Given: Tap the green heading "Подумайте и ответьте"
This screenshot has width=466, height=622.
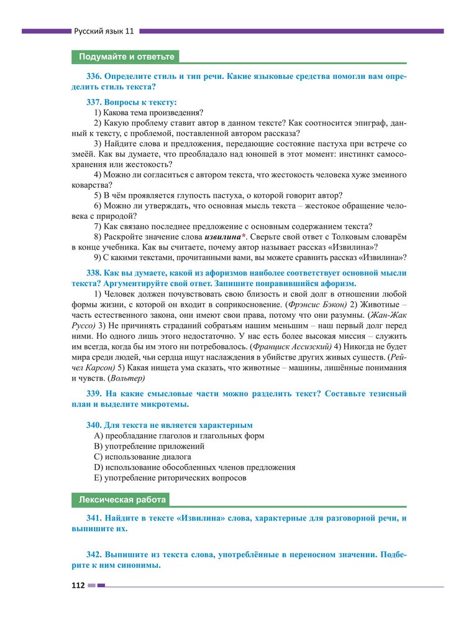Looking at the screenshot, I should [x=126, y=57].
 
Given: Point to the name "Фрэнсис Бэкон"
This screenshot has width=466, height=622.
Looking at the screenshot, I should [x=316, y=305].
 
